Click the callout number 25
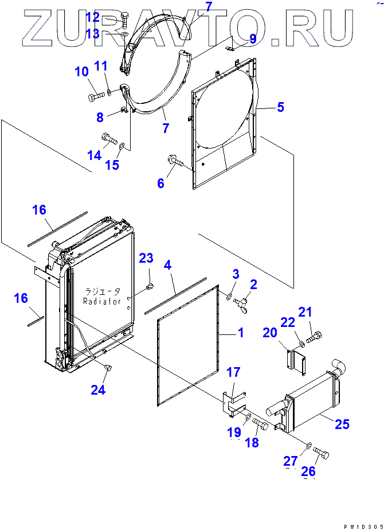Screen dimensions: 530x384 (342, 424)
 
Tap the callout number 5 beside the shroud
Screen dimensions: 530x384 (280, 107)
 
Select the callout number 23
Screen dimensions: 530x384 (146, 258)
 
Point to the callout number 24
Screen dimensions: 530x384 (98, 390)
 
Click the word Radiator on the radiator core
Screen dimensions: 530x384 (103, 301)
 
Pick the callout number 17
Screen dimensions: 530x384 (233, 372)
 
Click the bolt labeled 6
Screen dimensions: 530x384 (175, 163)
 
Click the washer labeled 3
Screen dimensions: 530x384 (229, 297)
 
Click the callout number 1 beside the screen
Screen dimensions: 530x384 (240, 332)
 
